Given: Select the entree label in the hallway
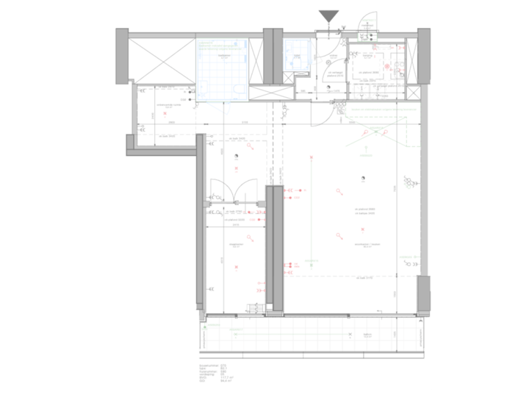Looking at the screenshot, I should pos(333,55).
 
